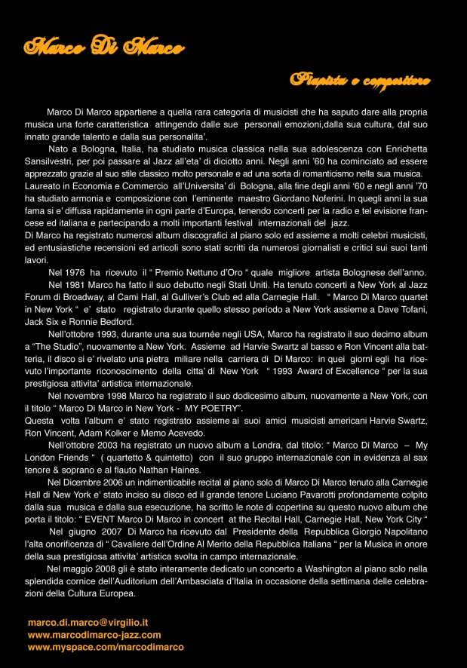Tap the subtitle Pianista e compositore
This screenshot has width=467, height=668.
[x=360, y=79]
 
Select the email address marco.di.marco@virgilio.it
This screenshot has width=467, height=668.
[x=88, y=623]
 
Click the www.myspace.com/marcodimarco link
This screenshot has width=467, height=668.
[x=106, y=647]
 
